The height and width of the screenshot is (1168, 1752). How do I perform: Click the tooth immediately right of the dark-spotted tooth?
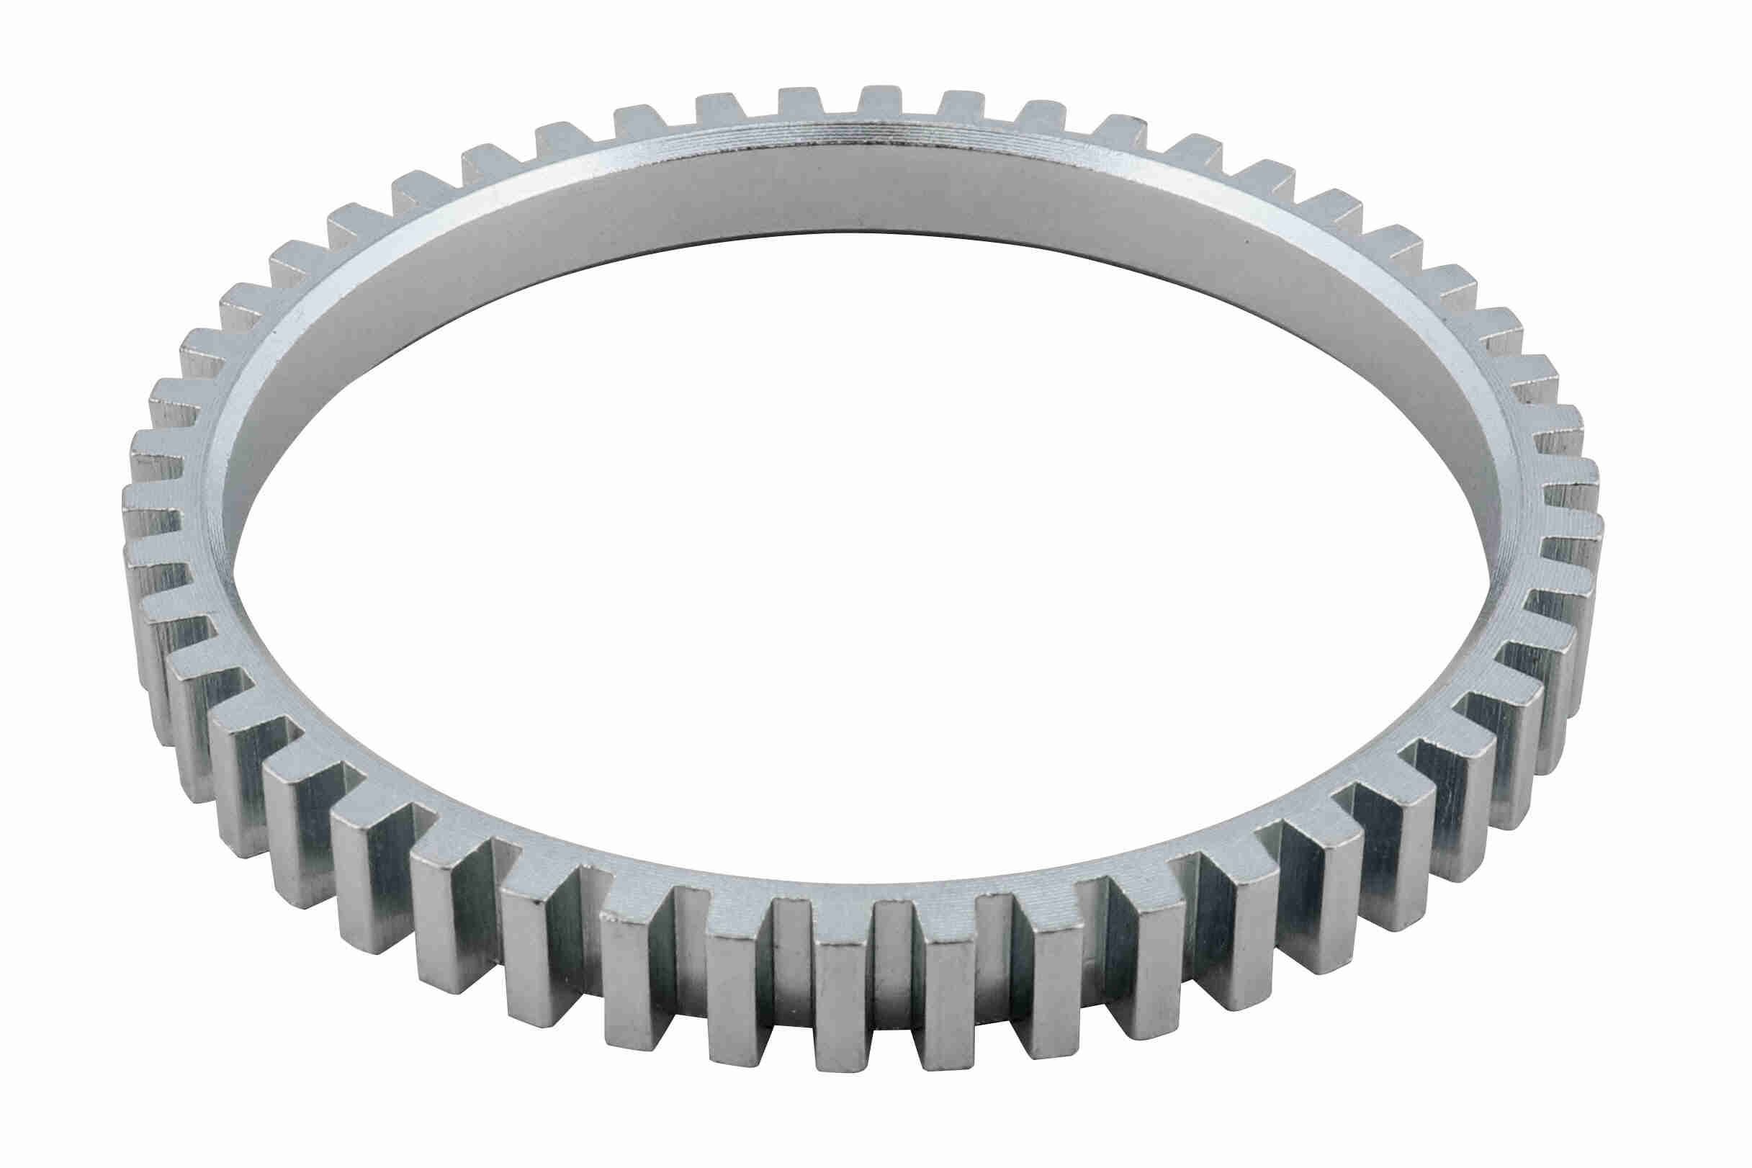1196,145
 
